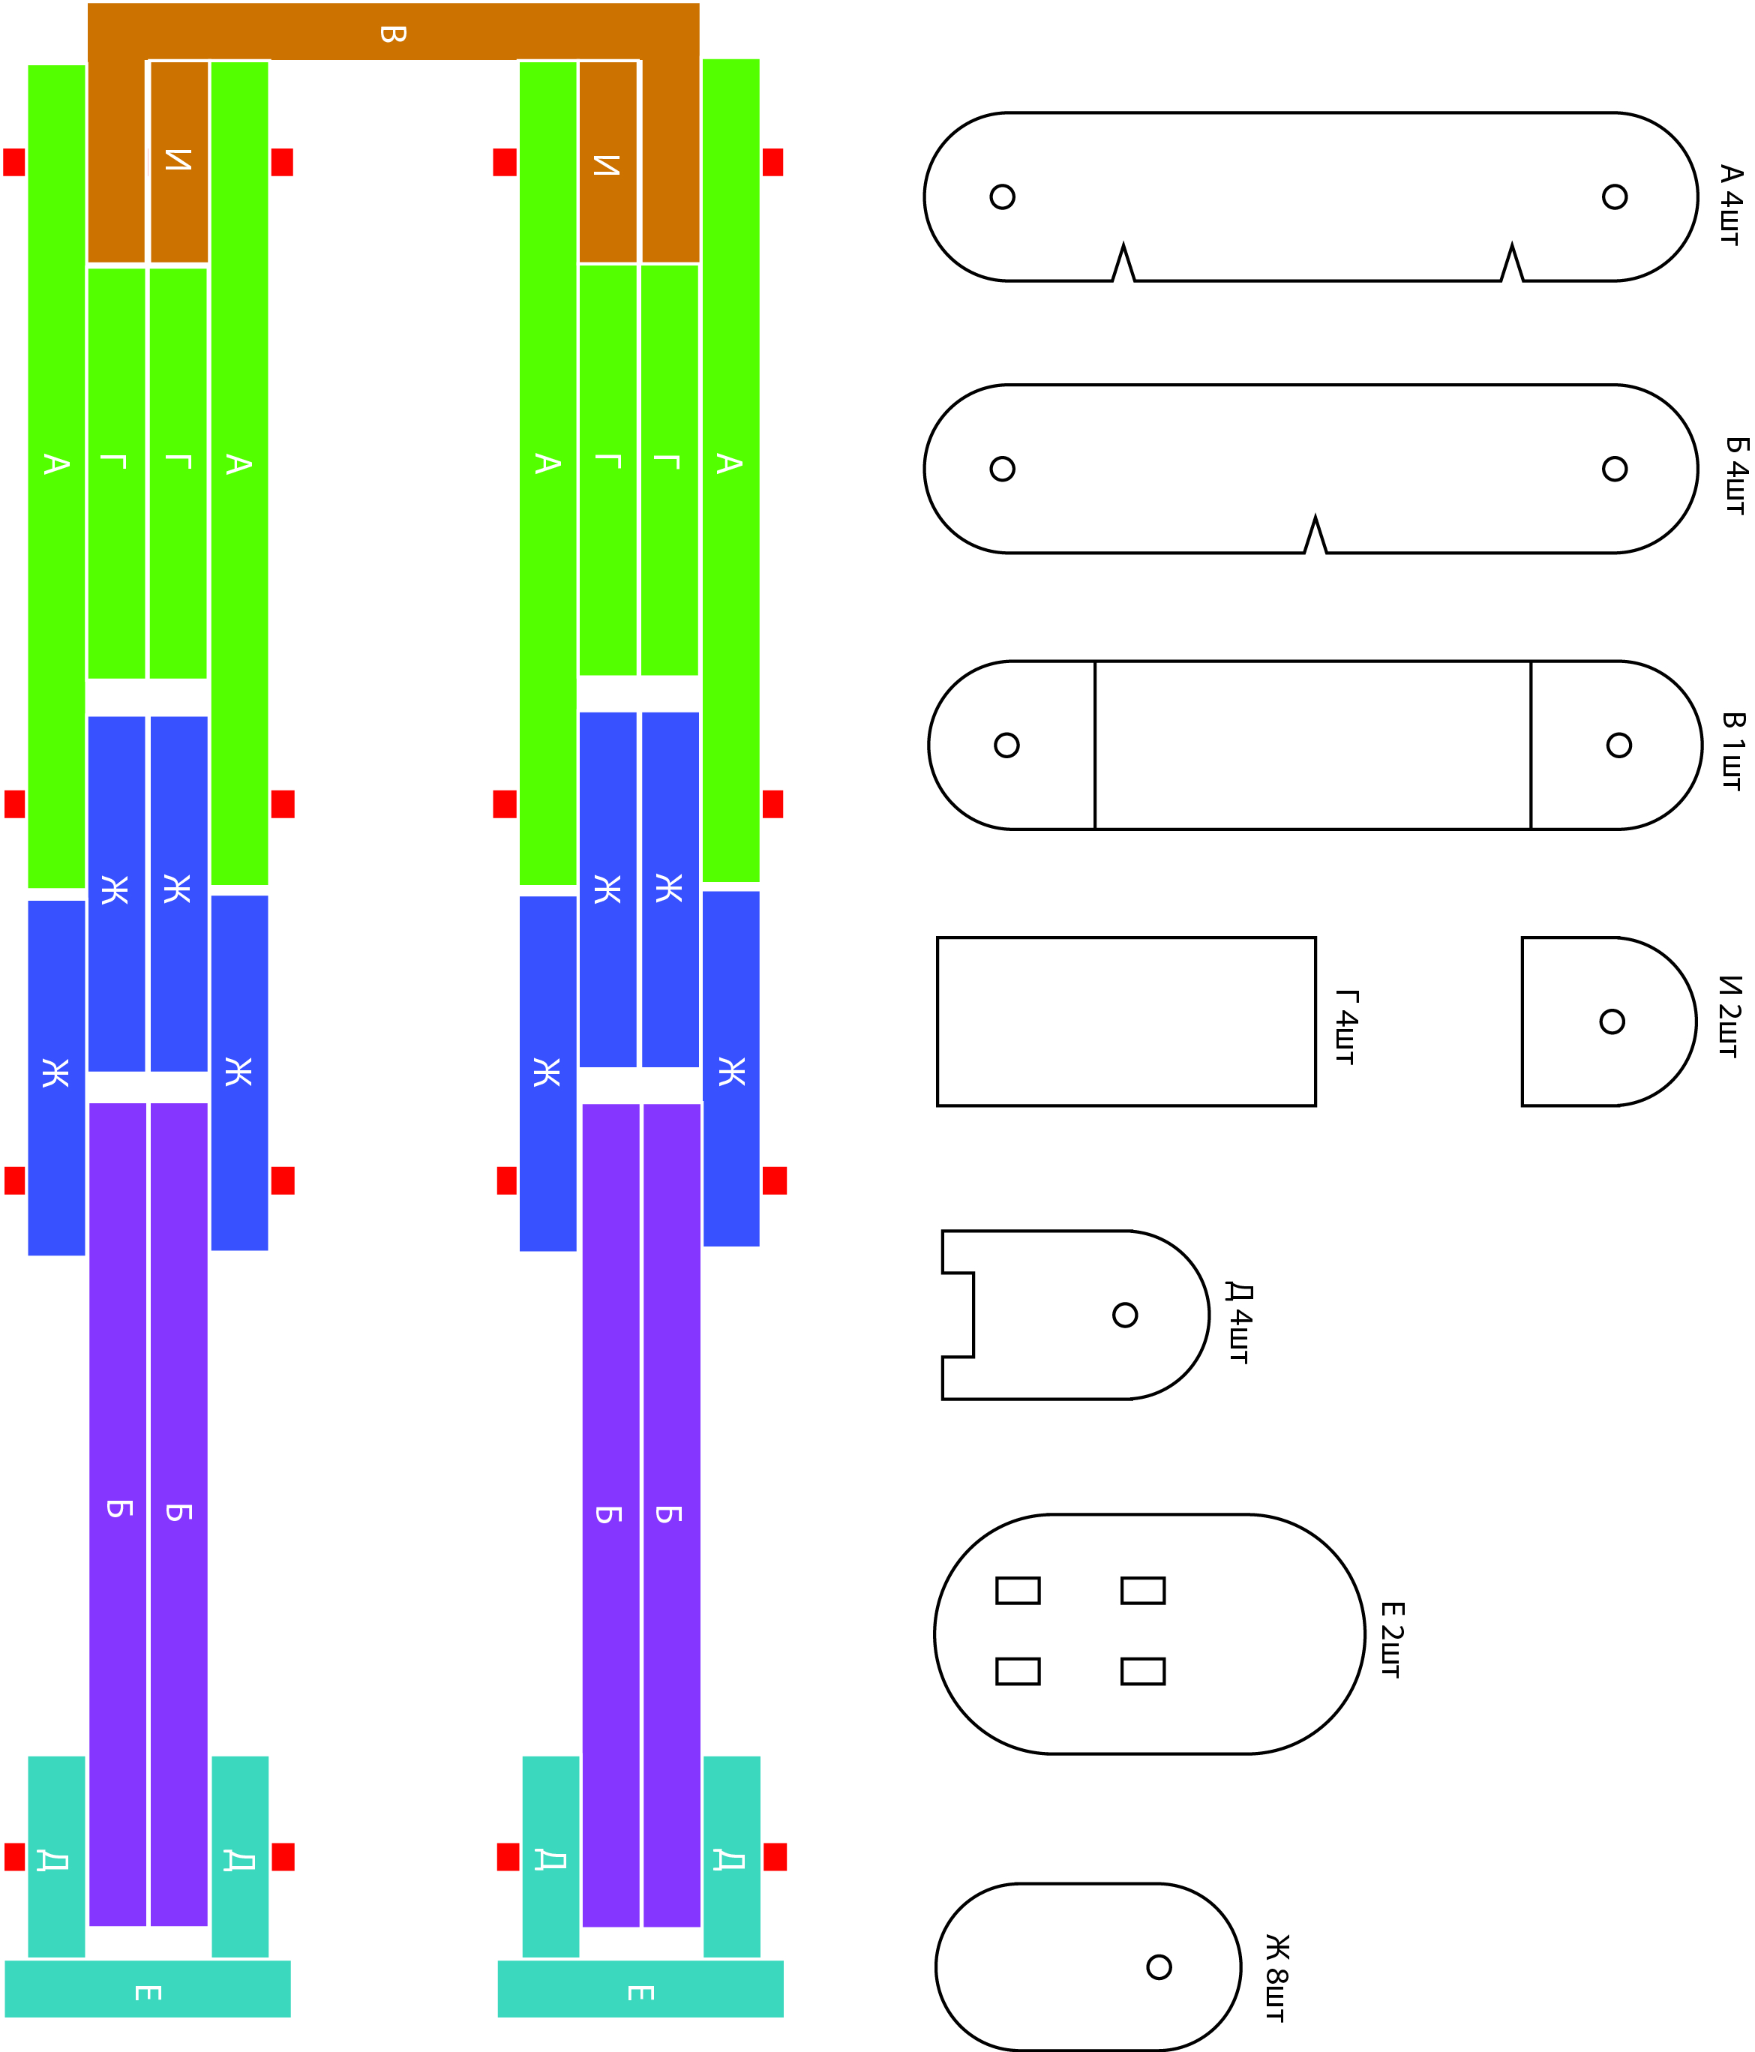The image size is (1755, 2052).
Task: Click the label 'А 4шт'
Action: coord(1729,205)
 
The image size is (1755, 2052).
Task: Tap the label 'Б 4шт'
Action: coord(1735,475)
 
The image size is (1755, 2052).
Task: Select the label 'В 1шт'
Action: coord(1732,751)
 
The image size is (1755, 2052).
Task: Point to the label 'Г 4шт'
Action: coord(1346,1027)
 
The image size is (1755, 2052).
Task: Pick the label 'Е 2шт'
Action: coord(1391,1640)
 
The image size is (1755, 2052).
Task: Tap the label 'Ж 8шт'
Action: coord(1276,1977)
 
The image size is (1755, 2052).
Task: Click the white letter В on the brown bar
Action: coord(392,34)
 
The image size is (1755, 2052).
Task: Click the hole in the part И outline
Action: coord(1612,1021)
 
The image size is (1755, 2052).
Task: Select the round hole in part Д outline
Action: coord(1124,1315)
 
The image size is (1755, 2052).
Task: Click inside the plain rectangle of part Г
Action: coord(1126,1021)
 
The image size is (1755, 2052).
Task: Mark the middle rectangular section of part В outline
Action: coord(1312,745)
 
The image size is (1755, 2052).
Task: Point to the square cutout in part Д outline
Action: coord(958,1315)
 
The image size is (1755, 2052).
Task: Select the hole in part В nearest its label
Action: coord(1618,745)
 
